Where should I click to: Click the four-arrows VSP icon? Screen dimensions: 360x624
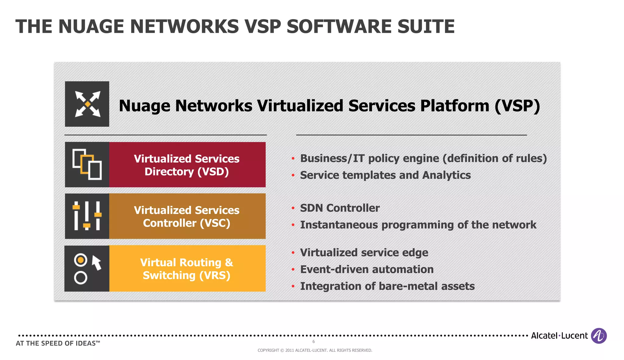click(87, 104)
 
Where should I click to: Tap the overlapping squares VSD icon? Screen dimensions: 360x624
click(87, 164)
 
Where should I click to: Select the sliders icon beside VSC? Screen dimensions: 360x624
click(87, 216)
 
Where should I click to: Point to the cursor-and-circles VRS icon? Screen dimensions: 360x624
click(87, 268)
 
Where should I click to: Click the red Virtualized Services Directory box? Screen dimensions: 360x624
click(187, 165)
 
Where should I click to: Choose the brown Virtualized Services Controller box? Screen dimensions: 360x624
click(187, 216)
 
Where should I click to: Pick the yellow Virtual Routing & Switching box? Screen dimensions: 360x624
click(187, 269)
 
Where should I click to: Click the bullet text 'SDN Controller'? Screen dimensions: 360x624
click(340, 208)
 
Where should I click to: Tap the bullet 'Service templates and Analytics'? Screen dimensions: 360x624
click(385, 175)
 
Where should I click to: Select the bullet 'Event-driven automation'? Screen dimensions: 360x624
click(367, 270)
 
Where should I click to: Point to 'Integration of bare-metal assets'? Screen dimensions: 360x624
click(387, 286)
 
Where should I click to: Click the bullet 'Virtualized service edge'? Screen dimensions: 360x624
click(364, 253)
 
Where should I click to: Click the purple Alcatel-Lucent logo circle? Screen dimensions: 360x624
click(599, 336)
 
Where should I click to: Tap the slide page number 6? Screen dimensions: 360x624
click(314, 342)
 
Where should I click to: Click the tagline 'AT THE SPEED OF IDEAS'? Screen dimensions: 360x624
click(58, 344)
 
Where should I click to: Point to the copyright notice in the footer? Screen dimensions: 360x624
click(315, 351)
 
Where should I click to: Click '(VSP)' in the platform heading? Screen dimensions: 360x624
click(517, 106)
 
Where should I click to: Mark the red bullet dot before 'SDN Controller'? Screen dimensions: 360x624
click(293, 208)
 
